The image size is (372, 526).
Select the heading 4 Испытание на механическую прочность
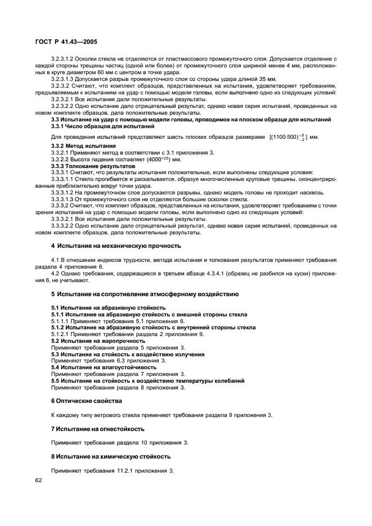tap(117, 246)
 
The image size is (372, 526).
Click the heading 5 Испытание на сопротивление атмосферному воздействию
tap(145, 294)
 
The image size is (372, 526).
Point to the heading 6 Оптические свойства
tap(86, 401)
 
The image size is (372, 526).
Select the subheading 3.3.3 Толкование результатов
tap(85, 166)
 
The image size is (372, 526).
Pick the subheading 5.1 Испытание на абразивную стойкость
tap(108, 307)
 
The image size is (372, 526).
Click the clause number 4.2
tap(56, 273)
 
